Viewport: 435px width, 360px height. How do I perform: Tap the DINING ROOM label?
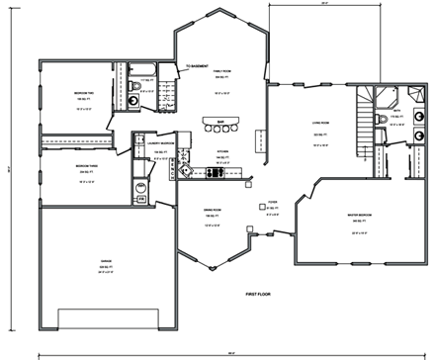210,212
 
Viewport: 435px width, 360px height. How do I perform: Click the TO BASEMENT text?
198,68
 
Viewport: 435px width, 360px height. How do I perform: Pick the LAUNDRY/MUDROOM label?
161,142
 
